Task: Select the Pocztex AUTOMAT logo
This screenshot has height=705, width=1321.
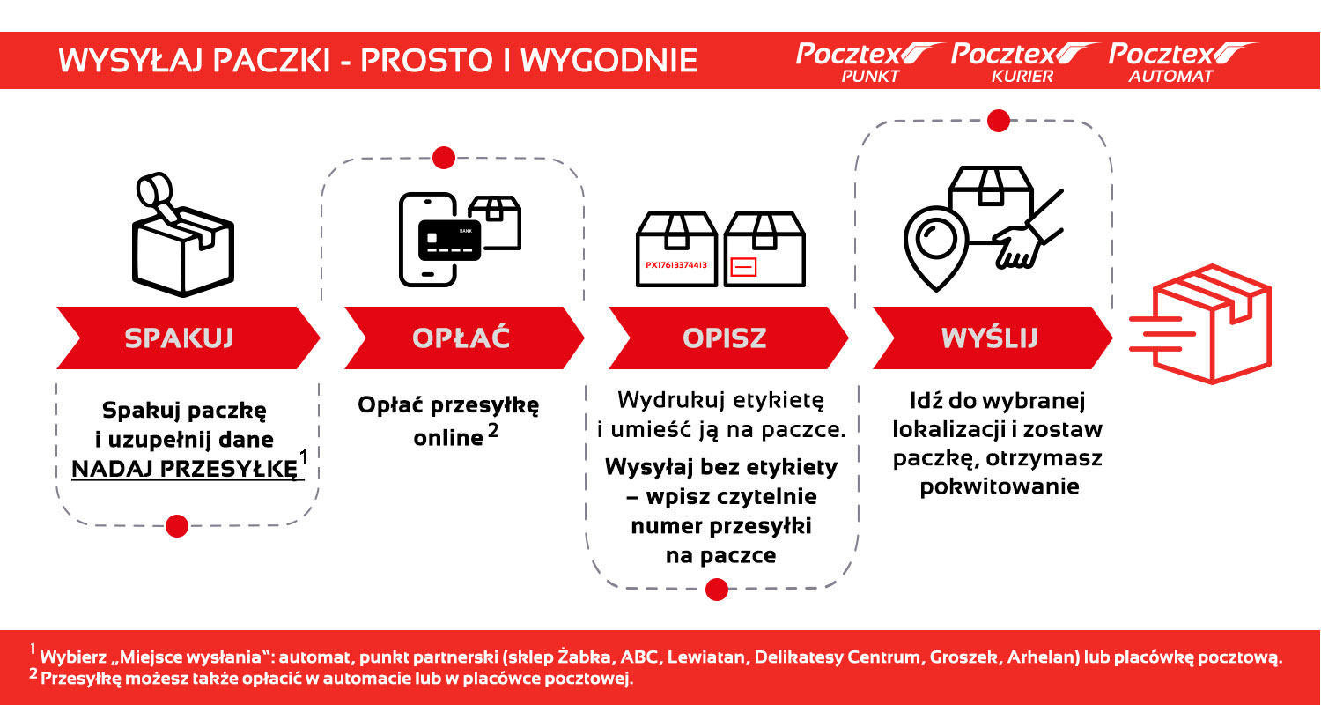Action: coord(1180,62)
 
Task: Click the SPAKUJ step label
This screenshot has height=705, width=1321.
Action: coord(180,338)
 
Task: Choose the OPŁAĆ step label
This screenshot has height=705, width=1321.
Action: coord(461,338)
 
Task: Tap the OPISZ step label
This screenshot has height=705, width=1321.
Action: coord(725,338)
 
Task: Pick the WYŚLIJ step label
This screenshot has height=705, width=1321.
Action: coord(989,338)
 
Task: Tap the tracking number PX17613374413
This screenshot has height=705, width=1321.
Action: coord(676,264)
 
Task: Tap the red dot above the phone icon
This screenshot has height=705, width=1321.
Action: coord(444,159)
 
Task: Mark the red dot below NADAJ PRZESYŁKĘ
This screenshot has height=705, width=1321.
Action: coord(177,526)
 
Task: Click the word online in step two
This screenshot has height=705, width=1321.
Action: coord(448,437)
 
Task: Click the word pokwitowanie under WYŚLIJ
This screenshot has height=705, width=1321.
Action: coord(999,486)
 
